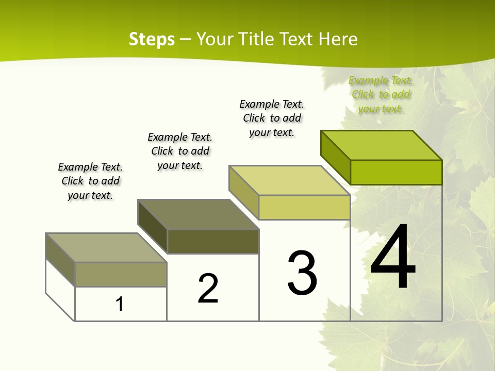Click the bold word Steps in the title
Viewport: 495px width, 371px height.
pos(152,39)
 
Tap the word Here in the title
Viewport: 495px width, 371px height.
pos(338,39)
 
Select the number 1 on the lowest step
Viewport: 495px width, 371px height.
pos(120,305)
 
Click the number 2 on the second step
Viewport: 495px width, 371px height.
pos(208,289)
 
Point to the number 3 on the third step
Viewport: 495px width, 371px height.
pos(302,273)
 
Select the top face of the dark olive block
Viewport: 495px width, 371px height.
pos(199,214)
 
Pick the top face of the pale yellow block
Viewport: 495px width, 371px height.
pos(290,180)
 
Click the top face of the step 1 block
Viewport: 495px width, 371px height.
pos(106,248)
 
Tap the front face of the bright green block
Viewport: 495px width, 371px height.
pos(396,172)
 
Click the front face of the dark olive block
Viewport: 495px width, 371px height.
pos(213,241)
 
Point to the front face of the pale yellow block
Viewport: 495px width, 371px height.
pos(304,207)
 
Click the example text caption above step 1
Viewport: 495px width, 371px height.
pos(90,181)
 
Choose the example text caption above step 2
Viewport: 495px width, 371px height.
pos(180,151)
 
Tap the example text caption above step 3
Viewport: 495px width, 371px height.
pos(272,118)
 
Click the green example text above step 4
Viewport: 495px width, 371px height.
pos(381,94)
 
